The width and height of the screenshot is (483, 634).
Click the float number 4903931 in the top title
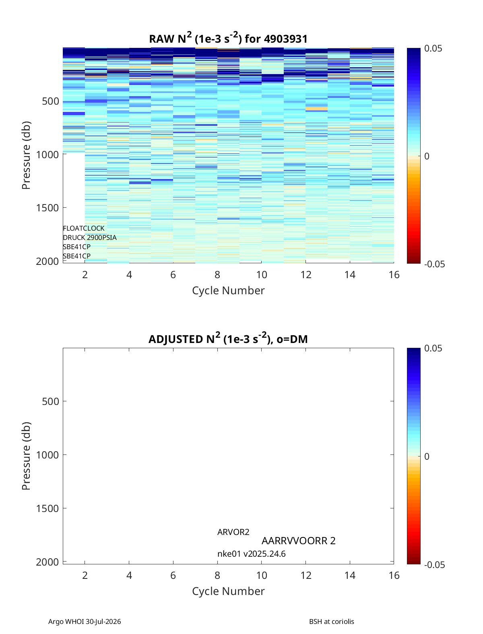(285, 39)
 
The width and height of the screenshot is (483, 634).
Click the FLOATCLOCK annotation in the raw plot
(83, 228)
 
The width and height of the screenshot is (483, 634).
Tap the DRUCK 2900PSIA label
(90, 237)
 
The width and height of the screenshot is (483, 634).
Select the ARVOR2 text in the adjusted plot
(233, 532)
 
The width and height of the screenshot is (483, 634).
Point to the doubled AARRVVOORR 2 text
(299, 541)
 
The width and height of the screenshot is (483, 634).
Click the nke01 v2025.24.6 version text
(252, 554)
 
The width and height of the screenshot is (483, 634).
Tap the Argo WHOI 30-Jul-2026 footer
(85, 622)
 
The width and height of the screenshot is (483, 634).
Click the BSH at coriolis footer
(331, 622)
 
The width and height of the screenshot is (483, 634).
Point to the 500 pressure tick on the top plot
(51, 101)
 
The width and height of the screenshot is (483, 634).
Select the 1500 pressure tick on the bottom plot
(47, 508)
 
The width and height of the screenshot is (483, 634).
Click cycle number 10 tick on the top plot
(262, 275)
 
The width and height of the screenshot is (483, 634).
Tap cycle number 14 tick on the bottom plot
(350, 575)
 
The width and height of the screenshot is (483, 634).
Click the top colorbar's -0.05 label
(434, 264)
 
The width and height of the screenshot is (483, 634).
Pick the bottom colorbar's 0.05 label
(433, 348)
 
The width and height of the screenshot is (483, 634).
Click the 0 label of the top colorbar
(427, 156)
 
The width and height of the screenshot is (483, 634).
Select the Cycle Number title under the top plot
(228, 290)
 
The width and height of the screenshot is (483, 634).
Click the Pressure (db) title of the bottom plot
(26, 456)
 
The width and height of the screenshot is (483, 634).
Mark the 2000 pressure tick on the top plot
(47, 261)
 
